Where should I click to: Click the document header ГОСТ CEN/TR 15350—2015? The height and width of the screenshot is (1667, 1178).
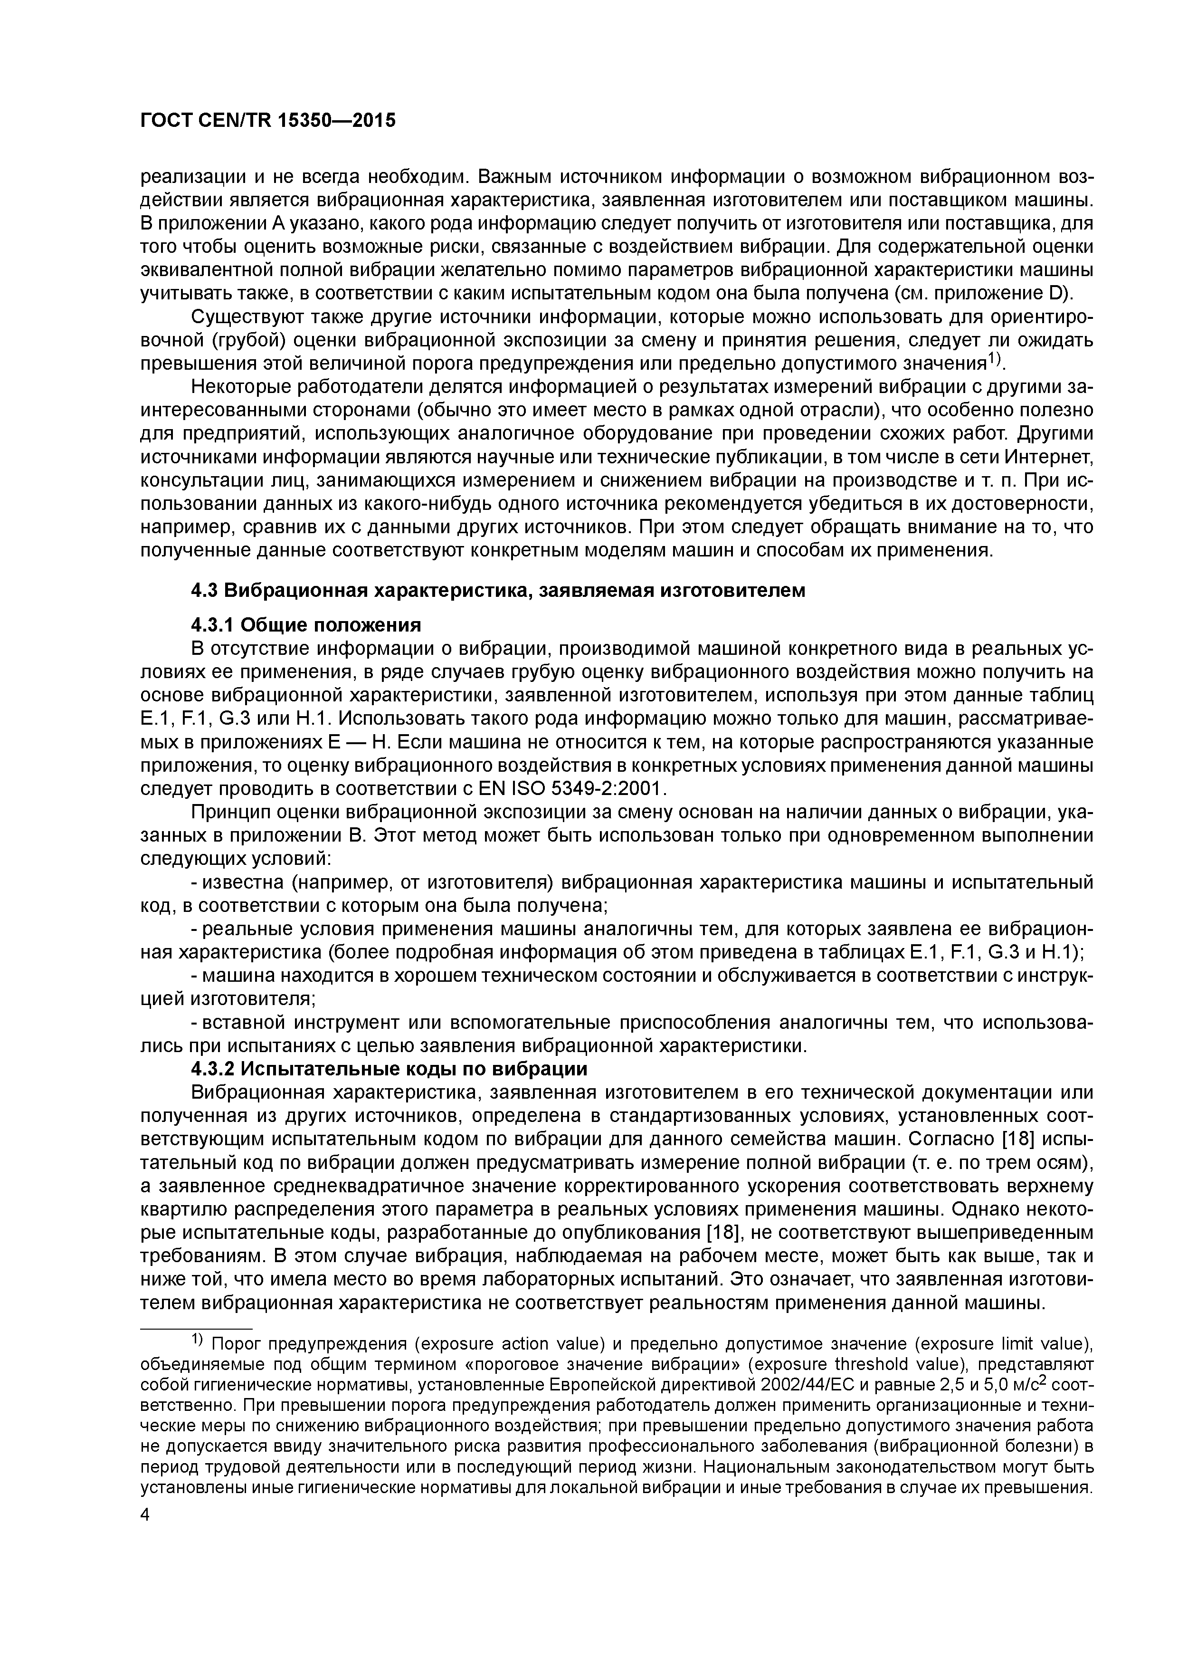(267, 121)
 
